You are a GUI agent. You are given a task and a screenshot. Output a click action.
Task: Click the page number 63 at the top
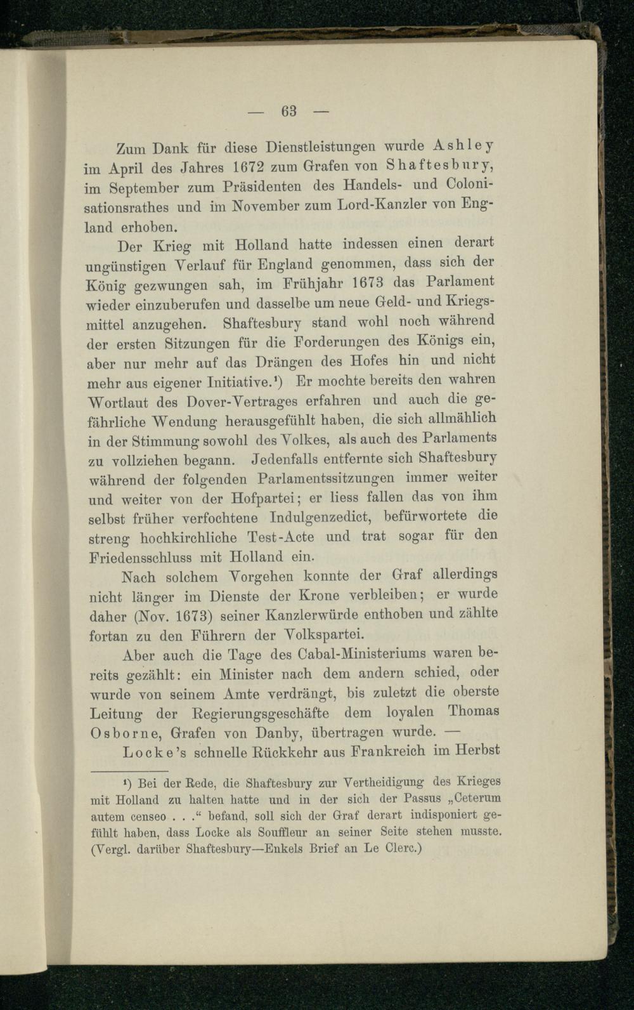click(290, 111)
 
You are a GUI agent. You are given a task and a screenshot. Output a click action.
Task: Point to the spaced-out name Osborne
click(118, 733)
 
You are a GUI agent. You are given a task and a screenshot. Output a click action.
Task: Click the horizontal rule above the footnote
click(130, 772)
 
